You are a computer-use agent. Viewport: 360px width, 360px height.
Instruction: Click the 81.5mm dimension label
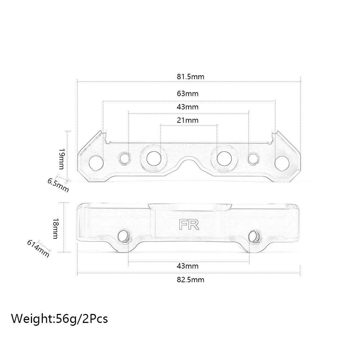coord(190,77)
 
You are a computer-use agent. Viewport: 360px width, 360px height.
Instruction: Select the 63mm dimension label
coord(188,94)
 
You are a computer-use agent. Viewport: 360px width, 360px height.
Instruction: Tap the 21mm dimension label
coord(188,120)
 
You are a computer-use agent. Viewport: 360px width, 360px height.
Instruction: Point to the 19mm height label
coord(62,159)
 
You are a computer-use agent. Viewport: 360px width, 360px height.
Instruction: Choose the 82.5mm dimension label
coord(190,279)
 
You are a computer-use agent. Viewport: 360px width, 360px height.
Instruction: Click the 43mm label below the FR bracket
coord(188,266)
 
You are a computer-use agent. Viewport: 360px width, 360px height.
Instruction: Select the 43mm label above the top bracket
coord(188,107)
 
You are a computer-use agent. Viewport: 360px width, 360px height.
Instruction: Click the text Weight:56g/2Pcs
coord(59,318)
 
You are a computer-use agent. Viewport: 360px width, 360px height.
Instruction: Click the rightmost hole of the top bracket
coord(282,162)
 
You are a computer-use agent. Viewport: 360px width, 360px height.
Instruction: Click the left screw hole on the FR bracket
coord(124,236)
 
